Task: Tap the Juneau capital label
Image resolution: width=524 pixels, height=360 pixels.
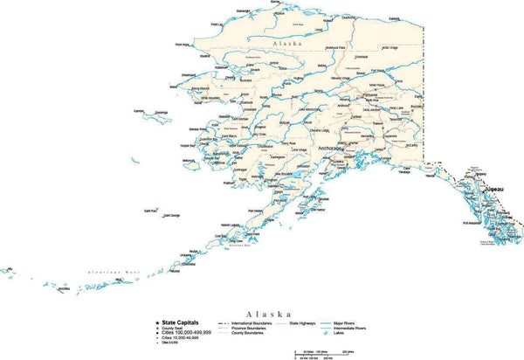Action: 494,189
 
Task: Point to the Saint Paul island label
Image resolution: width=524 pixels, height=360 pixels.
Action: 151,211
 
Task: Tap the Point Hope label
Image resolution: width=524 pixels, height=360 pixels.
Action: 183,45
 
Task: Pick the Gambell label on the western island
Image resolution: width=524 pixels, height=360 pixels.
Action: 139,111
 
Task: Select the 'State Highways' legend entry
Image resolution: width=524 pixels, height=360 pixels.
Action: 302,323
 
